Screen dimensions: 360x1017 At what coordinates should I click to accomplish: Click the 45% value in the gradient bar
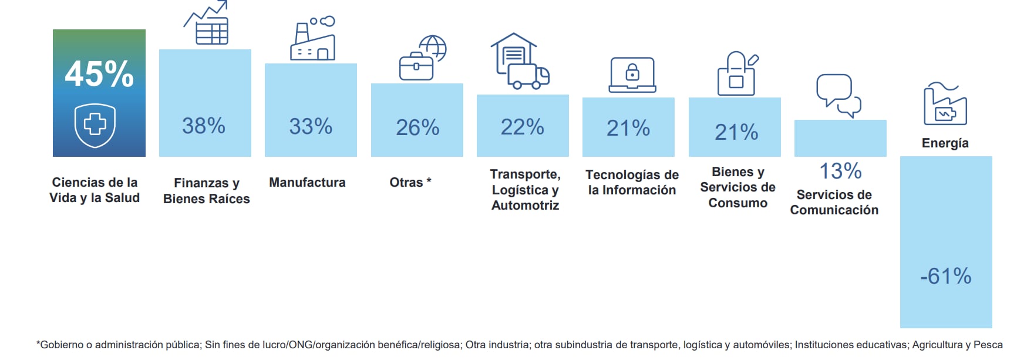[99, 75]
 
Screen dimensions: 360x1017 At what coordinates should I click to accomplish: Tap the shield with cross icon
[95, 125]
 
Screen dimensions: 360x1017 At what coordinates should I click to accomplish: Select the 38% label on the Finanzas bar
[204, 126]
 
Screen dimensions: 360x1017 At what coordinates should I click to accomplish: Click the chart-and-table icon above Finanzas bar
[207, 23]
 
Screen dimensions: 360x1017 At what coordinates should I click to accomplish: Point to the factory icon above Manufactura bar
[312, 39]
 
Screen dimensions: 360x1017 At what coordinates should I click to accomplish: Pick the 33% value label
[311, 126]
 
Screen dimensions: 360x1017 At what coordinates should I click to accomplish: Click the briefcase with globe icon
[422, 58]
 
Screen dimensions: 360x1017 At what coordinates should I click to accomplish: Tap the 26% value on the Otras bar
[417, 127]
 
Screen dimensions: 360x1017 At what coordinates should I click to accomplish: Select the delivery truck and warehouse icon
[519, 61]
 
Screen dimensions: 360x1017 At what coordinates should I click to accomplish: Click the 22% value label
[522, 127]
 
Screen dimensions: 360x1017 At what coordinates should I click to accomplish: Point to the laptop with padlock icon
[632, 75]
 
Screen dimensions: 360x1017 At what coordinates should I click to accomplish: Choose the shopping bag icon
[737, 74]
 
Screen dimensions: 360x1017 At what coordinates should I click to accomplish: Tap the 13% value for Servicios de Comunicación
[840, 171]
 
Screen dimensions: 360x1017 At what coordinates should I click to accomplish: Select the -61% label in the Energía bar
[945, 276]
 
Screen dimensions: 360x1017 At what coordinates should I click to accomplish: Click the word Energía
[945, 143]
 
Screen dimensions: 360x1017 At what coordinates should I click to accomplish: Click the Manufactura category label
[307, 183]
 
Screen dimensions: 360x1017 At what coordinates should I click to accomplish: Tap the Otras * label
[410, 183]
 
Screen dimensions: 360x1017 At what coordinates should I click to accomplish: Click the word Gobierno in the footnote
[61, 345]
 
